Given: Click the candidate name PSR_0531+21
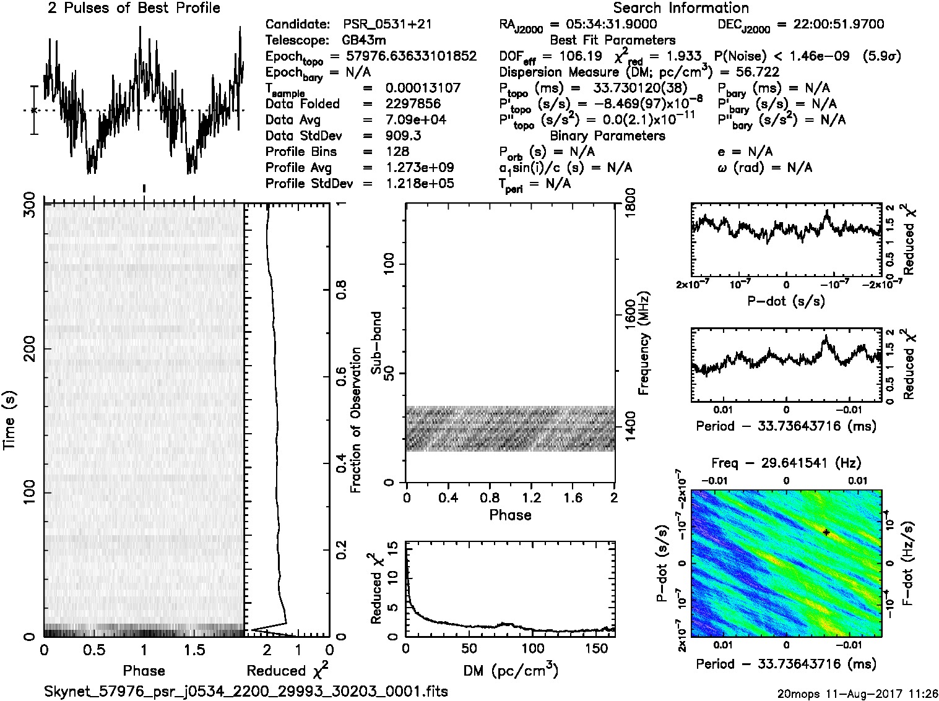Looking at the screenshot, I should pos(387,25).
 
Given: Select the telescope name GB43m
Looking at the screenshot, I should pos(365,41).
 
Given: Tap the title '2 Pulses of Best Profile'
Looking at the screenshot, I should pos(134,8).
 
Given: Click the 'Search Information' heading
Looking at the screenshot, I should pos(681,8).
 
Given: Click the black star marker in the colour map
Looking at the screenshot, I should pos(826,532).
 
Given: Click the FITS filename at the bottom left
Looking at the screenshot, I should pos(246,691).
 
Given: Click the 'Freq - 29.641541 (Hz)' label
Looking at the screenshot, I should pos(786,463).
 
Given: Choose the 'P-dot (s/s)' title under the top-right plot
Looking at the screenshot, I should pos(786,301).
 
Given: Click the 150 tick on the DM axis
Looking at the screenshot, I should pos(596,649).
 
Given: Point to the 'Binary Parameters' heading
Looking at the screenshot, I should pos(607,136).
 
